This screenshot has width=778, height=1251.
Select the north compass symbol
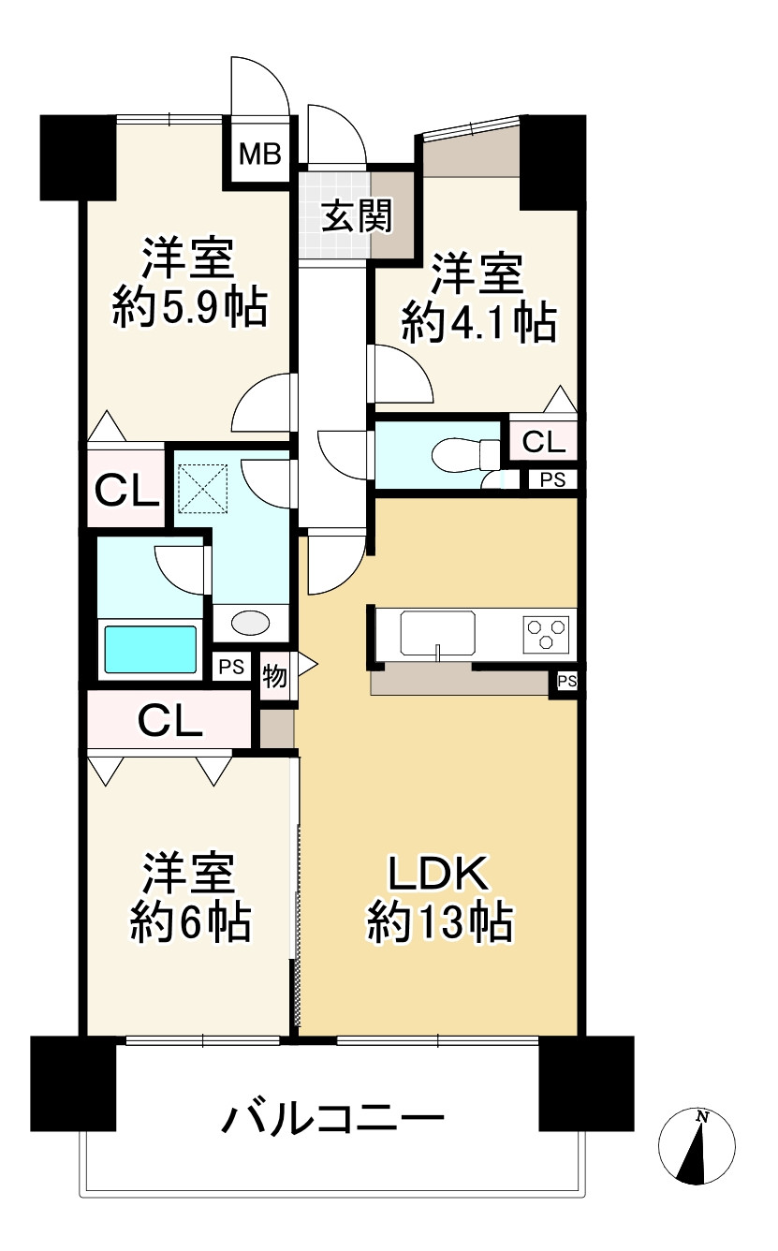(697, 1146)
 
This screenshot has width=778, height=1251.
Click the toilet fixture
(465, 455)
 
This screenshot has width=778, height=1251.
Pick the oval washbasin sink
(249, 623)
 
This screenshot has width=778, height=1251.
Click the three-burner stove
(545, 633)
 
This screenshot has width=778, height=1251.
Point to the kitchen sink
(438, 633)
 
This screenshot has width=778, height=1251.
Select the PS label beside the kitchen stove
(566, 682)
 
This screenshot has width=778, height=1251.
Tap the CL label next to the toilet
(543, 442)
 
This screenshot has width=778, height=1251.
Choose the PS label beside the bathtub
(230, 667)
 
